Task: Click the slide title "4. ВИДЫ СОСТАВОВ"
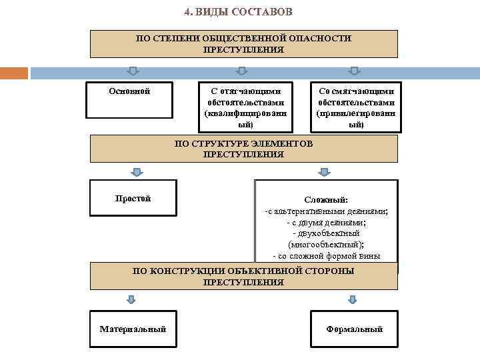[x=238, y=13]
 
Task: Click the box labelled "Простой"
[x=133, y=197]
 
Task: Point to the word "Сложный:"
[x=326, y=200]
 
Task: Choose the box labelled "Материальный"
[x=133, y=329]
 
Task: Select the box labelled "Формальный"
[x=354, y=329]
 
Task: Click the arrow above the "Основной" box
[x=133, y=71]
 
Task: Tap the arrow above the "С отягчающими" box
[x=242, y=71]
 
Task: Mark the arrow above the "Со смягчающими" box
[x=354, y=71]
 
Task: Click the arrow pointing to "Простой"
[x=136, y=172]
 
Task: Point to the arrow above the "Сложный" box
[x=325, y=172]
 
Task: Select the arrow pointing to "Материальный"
[x=132, y=299]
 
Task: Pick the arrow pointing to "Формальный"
[x=351, y=299]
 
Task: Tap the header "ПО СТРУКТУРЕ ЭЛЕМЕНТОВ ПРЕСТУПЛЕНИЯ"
[x=243, y=149]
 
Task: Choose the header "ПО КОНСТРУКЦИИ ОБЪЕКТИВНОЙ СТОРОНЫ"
[x=243, y=277]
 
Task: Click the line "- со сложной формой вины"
[x=326, y=256]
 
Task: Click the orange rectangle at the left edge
[x=14, y=73]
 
